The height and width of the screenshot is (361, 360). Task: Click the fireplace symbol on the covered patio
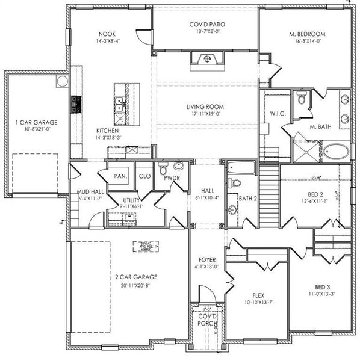(x=206, y=58)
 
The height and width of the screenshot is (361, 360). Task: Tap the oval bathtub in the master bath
(x=332, y=150)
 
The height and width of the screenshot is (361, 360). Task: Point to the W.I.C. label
(x=278, y=113)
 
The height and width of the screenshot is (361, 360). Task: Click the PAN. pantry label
(x=120, y=176)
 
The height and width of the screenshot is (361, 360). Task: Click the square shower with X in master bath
(x=303, y=149)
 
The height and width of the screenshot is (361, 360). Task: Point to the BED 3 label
(x=323, y=287)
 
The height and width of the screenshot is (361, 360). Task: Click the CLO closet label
(x=144, y=176)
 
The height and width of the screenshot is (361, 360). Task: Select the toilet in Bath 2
(x=235, y=183)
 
